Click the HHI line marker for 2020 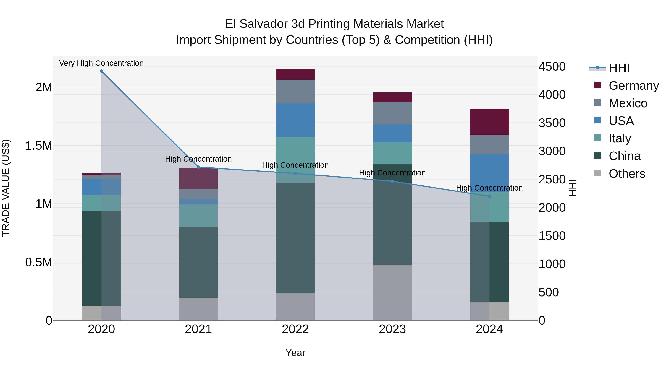point(101,71)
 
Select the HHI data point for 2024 point(489,196)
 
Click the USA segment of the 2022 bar point(295,120)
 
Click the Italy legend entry point(620,138)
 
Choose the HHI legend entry point(619,68)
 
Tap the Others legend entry point(626,174)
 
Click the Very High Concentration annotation point(101,63)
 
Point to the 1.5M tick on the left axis point(38,146)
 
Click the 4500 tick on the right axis point(552,66)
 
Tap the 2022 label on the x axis point(295,329)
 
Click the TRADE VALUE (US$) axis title point(6,188)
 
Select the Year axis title point(295,353)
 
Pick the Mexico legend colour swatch point(598,102)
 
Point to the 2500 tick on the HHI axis point(552,179)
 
